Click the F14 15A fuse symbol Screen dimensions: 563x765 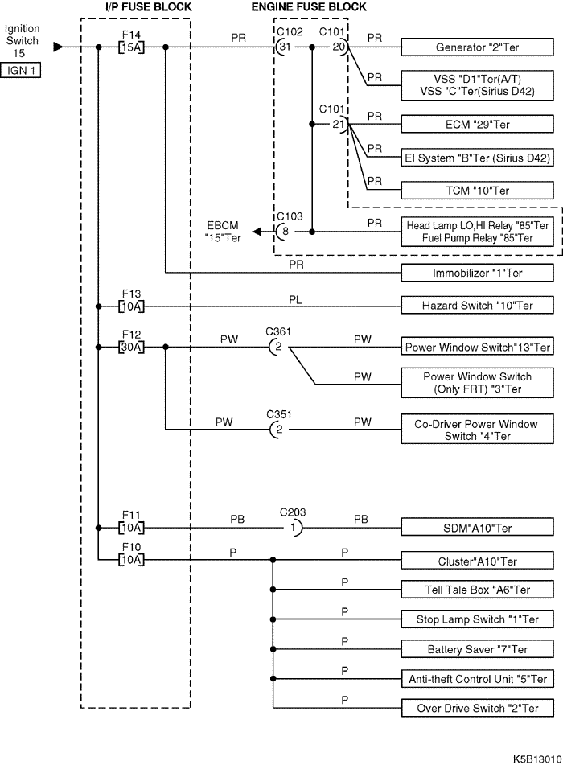coord(131,47)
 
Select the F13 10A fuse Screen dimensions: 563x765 coord(131,306)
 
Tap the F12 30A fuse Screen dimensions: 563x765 coord(131,347)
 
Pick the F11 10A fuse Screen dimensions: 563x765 coord(131,528)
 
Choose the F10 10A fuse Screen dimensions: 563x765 coord(131,560)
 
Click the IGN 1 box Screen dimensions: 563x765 coord(20,70)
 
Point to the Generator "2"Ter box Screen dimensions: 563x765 coord(477,47)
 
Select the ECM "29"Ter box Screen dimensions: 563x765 coord(477,124)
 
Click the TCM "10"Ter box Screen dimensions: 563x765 coord(477,191)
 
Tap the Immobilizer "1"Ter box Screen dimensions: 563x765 coord(477,273)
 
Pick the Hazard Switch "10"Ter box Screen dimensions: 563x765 coord(477,306)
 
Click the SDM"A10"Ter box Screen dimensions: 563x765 coord(477,528)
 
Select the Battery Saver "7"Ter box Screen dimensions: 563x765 coord(477,649)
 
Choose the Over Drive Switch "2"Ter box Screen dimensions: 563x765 coord(477,708)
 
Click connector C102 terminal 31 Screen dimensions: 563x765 coord(283,47)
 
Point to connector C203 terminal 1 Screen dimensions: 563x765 coord(294,528)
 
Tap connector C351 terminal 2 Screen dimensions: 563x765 coord(277,430)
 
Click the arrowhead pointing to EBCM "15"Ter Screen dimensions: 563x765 coord(257,232)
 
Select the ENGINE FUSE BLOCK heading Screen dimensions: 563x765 coord(309,7)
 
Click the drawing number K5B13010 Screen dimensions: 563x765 coord(537,759)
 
